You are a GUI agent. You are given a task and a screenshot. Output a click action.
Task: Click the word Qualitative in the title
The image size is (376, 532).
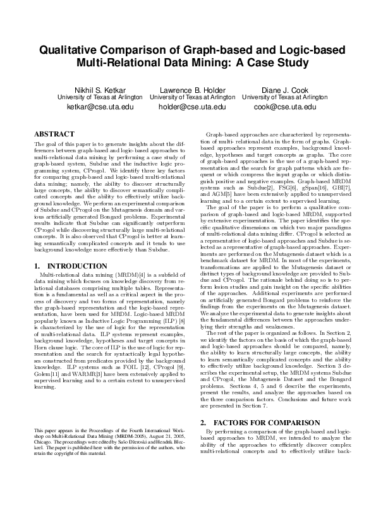70,51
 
